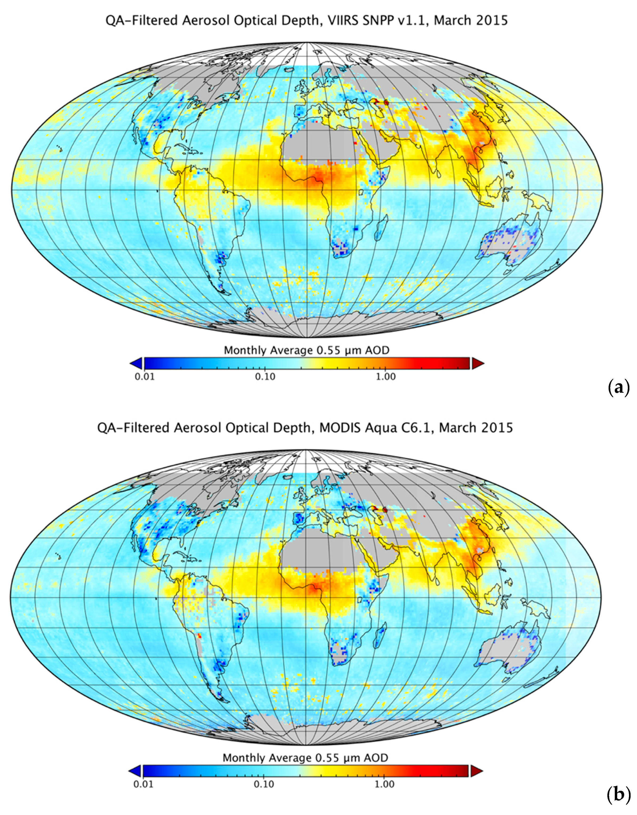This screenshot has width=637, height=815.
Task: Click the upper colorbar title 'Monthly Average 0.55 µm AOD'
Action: tap(306, 350)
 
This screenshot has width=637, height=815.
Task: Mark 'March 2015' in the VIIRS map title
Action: tap(470, 20)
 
